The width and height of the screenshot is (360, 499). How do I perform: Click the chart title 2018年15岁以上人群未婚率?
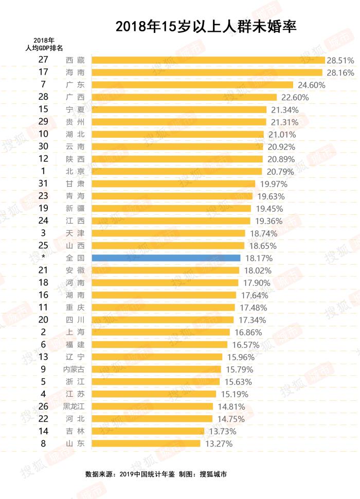tap(206, 27)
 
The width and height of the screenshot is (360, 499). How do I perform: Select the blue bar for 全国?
tap(166, 258)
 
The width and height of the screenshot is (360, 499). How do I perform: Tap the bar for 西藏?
tap(208, 60)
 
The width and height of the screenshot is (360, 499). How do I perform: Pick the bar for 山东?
tap(146, 443)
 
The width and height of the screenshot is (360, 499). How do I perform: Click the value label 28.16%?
tap(340, 72)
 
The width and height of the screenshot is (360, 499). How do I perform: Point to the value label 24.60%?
tap(311, 85)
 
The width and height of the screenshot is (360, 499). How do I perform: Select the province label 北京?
tap(76, 171)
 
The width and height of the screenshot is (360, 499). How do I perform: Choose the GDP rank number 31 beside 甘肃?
tap(43, 183)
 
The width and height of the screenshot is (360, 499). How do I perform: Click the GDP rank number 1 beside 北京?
tap(43, 171)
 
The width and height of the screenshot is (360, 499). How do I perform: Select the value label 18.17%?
tap(259, 258)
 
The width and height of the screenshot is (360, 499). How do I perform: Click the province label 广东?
tap(76, 85)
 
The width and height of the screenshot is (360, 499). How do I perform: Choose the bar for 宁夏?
tap(179, 109)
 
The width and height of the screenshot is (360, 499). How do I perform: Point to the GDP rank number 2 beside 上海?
tap(43, 332)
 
